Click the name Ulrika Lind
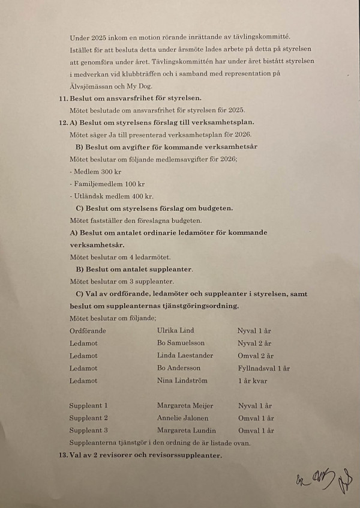tap(175, 330)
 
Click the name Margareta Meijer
tap(185, 406)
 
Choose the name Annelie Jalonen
tap(182, 418)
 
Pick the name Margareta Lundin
tap(187, 431)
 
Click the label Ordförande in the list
tap(88, 330)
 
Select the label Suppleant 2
tap(88, 418)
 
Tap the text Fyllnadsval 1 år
tap(263, 368)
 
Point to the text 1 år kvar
tap(253, 381)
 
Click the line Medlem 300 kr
tap(88, 172)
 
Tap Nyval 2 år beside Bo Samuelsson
tap(254, 343)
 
